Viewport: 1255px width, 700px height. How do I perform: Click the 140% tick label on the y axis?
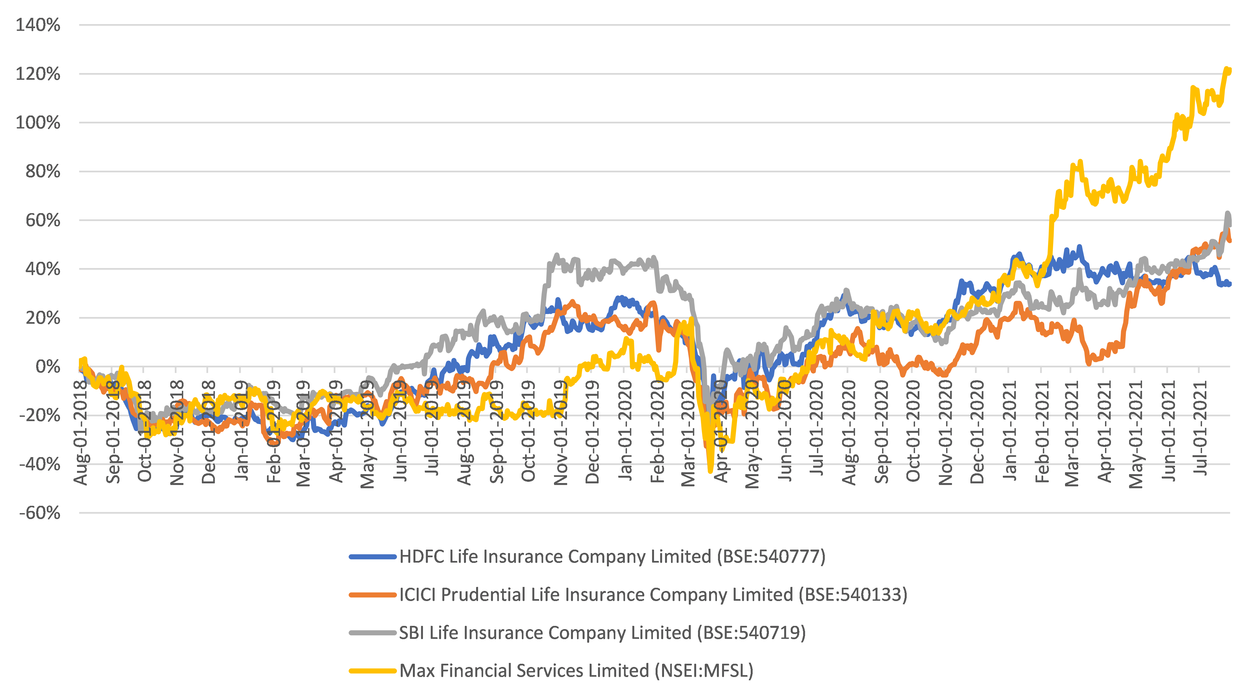coord(38,25)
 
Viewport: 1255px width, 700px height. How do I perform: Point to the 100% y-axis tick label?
coord(38,122)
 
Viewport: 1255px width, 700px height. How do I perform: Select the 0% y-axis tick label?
coord(48,366)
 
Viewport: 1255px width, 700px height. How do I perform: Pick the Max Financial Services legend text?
coord(576,671)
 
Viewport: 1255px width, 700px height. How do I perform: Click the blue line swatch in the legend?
coord(373,557)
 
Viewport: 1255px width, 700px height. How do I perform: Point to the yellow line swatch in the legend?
coord(373,671)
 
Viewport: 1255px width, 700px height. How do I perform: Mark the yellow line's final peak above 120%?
coord(1227,69)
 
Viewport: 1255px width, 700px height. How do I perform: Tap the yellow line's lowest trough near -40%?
coord(710,470)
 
